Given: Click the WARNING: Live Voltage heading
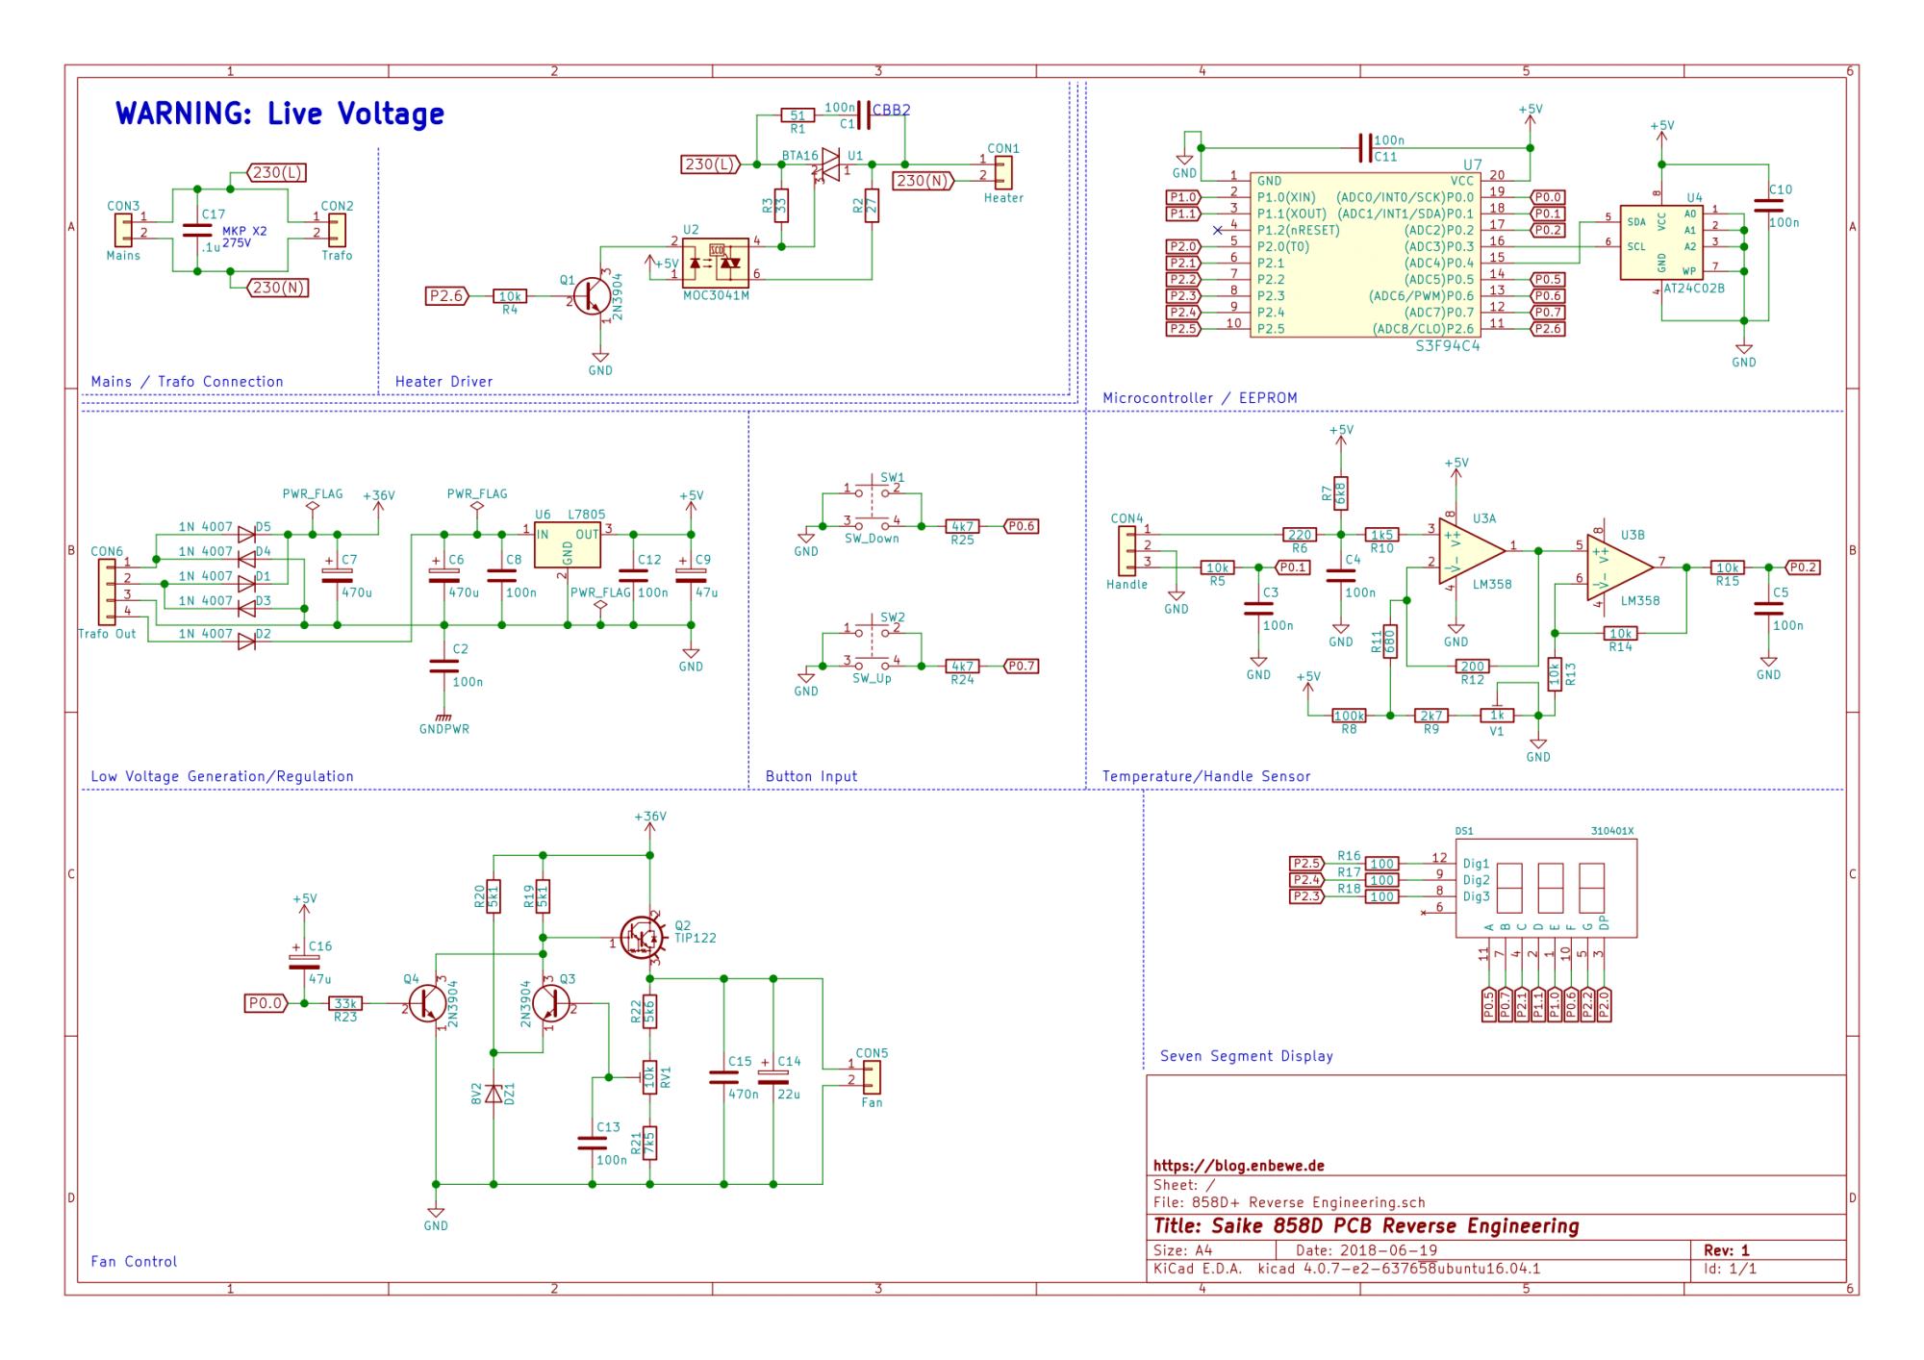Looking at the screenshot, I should [280, 113].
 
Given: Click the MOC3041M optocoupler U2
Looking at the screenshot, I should [715, 262].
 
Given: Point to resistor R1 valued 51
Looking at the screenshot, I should [797, 115].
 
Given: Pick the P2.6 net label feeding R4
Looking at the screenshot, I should [446, 296].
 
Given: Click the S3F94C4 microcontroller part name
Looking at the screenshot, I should [1448, 345].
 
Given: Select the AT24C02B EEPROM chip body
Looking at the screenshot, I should [1661, 242].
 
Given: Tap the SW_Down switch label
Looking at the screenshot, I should [872, 539].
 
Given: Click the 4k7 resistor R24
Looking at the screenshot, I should [962, 666].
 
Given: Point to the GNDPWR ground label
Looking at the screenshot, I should [443, 729].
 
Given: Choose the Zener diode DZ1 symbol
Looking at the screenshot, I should [494, 1094].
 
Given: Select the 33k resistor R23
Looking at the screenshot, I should [345, 1003].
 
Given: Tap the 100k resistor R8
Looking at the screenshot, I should [1349, 716].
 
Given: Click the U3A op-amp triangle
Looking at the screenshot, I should [1472, 551].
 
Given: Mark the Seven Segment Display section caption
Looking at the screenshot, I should [1246, 1056].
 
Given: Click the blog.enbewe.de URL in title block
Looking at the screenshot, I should [1238, 1166].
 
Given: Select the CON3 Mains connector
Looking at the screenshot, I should [124, 230].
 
